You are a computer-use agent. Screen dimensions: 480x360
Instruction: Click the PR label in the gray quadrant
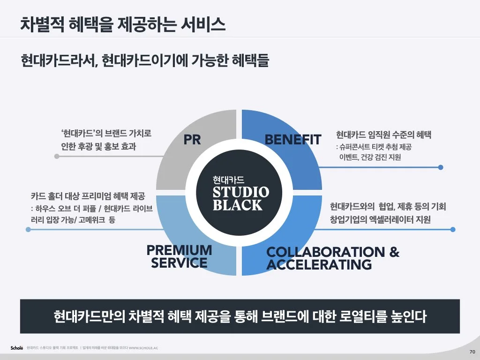click(x=192, y=140)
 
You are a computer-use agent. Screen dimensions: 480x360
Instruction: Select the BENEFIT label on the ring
click(x=293, y=140)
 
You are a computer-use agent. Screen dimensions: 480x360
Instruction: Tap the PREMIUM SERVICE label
click(x=179, y=256)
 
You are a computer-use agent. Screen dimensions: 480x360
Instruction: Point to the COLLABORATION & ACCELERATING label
click(x=333, y=258)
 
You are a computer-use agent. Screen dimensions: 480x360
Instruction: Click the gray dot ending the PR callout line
click(x=57, y=157)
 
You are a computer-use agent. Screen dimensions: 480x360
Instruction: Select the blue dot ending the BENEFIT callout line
click(x=441, y=167)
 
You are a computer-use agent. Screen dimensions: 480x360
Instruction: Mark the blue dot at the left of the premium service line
click(x=29, y=230)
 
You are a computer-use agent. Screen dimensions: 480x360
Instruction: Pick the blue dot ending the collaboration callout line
click(x=453, y=230)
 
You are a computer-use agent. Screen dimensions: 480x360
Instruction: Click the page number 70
click(x=472, y=352)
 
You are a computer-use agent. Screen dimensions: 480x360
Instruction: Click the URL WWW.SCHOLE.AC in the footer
click(x=143, y=348)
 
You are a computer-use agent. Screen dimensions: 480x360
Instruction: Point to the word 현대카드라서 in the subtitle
click(x=58, y=60)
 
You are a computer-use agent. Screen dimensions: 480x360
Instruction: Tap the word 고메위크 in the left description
click(x=92, y=219)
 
